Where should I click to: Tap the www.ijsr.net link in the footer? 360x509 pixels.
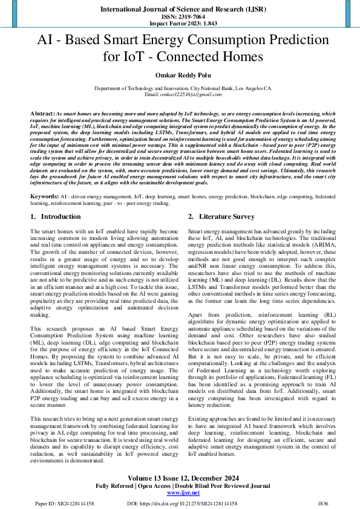[x=180, y=493]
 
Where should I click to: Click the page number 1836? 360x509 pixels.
[x=322, y=503]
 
